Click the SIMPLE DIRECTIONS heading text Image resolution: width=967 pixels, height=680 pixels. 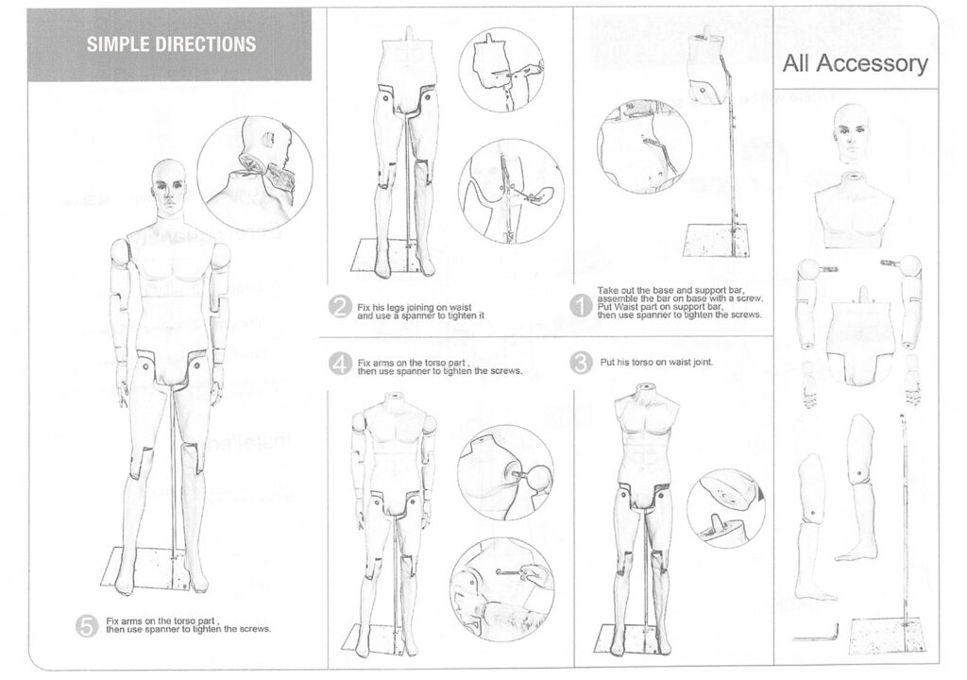tap(171, 44)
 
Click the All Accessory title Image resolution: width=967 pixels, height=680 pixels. tap(855, 63)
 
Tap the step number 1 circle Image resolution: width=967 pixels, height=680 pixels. tap(583, 304)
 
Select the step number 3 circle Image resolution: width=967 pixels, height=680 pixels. tap(583, 363)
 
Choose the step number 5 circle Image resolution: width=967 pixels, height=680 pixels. tap(87, 624)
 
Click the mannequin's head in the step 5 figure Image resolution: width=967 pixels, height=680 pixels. tap(168, 185)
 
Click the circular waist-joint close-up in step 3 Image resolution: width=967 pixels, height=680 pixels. tap(725, 508)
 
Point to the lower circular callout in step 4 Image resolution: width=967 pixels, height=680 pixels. tap(496, 583)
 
